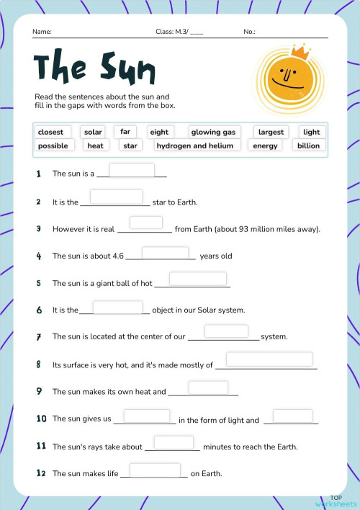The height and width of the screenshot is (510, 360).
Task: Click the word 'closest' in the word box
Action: tap(50, 132)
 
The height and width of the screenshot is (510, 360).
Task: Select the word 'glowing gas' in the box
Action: tap(213, 132)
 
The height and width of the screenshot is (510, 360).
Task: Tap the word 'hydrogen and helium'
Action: tap(195, 146)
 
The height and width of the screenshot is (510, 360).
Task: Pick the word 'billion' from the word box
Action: tap(308, 146)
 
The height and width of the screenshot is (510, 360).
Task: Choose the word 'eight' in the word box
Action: tap(159, 132)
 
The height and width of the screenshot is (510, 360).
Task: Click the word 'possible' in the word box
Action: tap(53, 146)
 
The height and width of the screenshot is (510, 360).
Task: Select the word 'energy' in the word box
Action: tap(265, 146)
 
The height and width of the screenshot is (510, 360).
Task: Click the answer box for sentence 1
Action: tap(132, 170)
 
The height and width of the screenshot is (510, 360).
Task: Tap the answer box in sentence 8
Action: tap(269, 359)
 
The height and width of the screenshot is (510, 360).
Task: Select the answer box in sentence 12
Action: tap(155, 470)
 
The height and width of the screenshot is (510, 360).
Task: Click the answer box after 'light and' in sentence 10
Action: tap(292, 416)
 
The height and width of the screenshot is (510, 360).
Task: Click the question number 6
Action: tap(39, 310)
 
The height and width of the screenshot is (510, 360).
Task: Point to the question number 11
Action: tap(41, 447)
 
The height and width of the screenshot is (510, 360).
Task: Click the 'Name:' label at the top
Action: tap(42, 32)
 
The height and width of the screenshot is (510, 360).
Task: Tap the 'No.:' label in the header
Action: tap(250, 32)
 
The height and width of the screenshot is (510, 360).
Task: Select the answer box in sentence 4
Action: tap(165, 252)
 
